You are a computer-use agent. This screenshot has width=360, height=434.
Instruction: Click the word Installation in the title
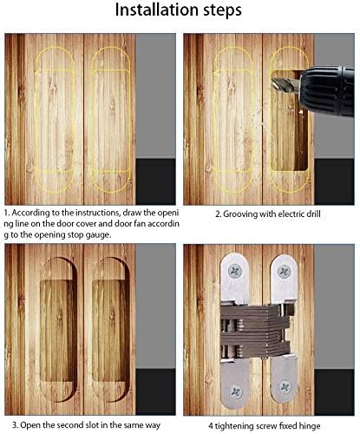[x=149, y=14]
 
